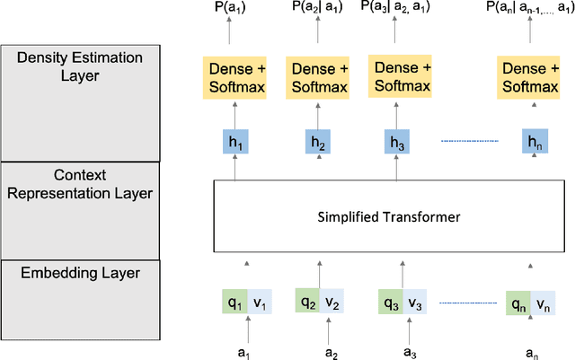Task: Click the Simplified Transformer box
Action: coord(389,217)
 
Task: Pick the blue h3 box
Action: coord(397,142)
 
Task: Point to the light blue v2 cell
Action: coord(331,302)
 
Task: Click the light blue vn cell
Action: coord(544,303)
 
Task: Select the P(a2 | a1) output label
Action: coord(317,8)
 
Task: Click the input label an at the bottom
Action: coord(529,350)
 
